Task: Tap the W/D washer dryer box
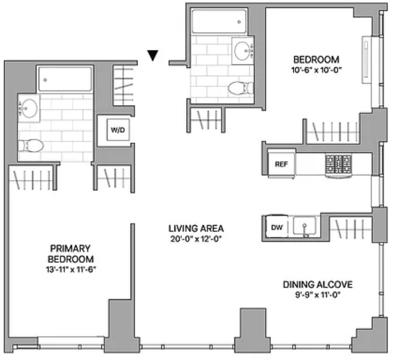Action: (118, 130)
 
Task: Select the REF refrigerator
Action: (281, 164)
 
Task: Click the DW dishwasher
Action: (277, 227)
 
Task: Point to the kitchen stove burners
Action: (338, 164)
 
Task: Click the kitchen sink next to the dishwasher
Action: (305, 226)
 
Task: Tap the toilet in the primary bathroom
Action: (31, 146)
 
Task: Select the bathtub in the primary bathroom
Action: (65, 79)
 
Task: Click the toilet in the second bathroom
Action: (240, 88)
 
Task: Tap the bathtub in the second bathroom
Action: (219, 21)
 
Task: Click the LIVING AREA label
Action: (196, 228)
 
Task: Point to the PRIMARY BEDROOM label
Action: (70, 254)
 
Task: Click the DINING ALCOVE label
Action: (318, 284)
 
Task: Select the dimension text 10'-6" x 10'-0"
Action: (316, 70)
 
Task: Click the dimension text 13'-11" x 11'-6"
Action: (70, 269)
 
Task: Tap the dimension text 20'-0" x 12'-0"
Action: (196, 239)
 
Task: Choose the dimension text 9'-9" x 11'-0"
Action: (318, 295)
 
